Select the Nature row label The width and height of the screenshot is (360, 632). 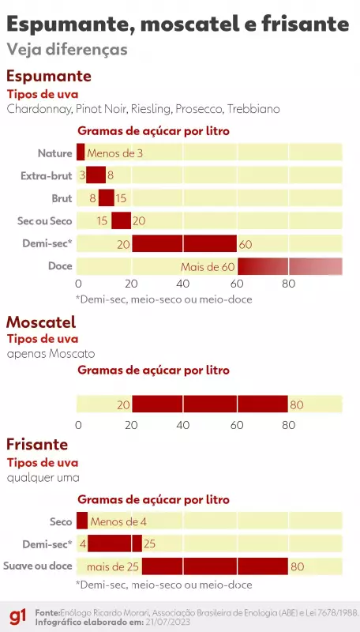coord(54,153)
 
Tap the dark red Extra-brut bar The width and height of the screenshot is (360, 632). coord(96,175)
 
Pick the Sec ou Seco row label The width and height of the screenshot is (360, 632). coord(46,221)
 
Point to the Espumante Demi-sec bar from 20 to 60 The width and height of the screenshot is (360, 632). coord(184,244)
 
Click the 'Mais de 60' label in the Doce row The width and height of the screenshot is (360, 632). coord(208,267)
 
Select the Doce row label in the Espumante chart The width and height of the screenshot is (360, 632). coord(60,267)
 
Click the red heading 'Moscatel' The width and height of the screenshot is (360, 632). coord(41,322)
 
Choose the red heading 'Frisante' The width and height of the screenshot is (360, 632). coord(37,445)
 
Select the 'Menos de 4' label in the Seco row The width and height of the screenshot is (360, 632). coord(118,521)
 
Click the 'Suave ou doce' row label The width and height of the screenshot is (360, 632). coord(38,566)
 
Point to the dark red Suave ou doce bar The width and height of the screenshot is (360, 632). coord(215,566)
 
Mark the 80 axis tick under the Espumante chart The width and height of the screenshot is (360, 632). coord(289,284)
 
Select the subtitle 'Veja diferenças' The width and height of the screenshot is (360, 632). coord(66,49)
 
